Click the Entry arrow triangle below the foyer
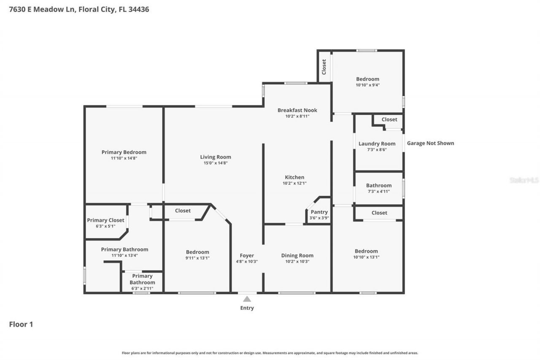[247, 299]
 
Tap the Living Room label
[216, 157]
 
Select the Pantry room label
[319, 212]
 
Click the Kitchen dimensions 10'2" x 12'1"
[294, 184]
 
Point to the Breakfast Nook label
[297, 110]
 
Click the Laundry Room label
[377, 143]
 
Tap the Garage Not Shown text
[430, 143]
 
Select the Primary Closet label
[105, 220]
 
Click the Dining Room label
[297, 255]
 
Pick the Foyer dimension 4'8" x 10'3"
[247, 262]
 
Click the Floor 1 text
[21, 324]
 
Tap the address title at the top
[79, 9]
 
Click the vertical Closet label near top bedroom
[324, 67]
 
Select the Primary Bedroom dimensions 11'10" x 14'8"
[124, 158]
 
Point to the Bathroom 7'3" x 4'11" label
[378, 185]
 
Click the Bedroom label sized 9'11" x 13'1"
[197, 252]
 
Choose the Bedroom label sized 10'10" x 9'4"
[367, 79]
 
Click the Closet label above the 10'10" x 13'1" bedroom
[379, 213]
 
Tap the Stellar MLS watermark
[524, 180]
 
